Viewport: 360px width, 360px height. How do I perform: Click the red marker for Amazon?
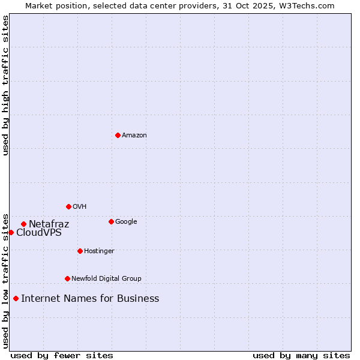pos(118,135)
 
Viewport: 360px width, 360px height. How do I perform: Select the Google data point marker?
pos(111,221)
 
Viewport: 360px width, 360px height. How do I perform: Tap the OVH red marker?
pos(68,206)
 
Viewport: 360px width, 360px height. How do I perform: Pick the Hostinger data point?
pos(80,251)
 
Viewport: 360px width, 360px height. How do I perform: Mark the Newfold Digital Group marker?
pos(67,278)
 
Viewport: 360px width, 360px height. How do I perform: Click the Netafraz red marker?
pos(23,224)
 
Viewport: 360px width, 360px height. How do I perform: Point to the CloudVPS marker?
pos(11,232)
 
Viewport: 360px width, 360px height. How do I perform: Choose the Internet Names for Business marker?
pos(16,298)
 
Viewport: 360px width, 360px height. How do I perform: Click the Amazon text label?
pos(134,136)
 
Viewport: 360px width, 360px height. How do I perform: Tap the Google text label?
pos(126,222)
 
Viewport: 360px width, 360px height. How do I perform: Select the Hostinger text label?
pos(99,251)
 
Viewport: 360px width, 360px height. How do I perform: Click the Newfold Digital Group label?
pos(106,279)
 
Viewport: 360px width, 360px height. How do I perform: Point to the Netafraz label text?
pos(49,224)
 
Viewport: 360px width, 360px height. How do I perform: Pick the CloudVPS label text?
pos(39,233)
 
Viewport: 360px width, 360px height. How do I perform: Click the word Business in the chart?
pos(138,299)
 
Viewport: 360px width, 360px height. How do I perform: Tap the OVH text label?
pos(80,207)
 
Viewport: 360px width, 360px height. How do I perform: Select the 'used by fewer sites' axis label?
pos(62,356)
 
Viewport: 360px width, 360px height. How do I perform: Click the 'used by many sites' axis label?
pos(301,356)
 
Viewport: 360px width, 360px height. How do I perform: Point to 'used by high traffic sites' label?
pos(6,85)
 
